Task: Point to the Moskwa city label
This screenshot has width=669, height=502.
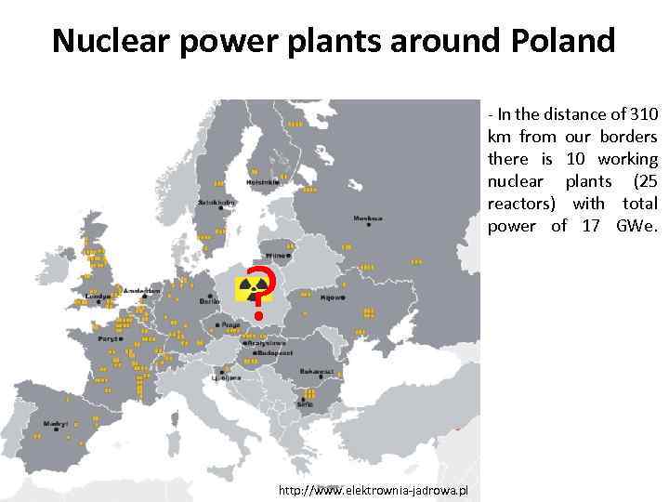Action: pyautogui.click(x=367, y=219)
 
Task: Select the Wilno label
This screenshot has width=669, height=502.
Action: pyautogui.click(x=276, y=255)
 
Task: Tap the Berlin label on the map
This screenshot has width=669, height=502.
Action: pyautogui.click(x=209, y=301)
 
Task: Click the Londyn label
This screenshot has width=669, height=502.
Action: pyautogui.click(x=97, y=297)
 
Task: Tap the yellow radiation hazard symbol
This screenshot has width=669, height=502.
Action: pyautogui.click(x=248, y=288)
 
